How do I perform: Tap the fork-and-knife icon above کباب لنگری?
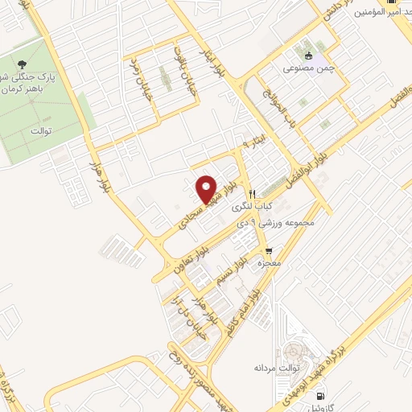[252, 194]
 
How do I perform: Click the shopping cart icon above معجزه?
[257, 251]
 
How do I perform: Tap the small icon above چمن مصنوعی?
[309, 56]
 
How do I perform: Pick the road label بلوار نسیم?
[233, 274]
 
